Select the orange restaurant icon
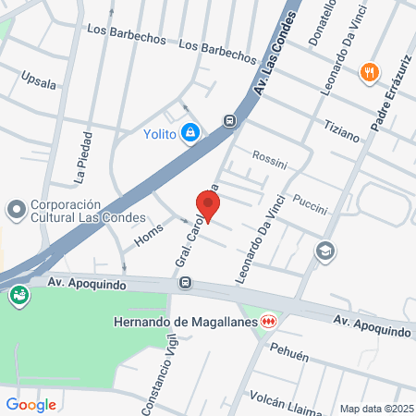click(370, 72)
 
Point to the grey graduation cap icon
click(324, 250)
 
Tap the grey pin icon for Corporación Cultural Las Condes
click(16, 211)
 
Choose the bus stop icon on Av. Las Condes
click(229, 119)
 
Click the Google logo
click(31, 404)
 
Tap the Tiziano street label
click(341, 130)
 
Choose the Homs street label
click(149, 237)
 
